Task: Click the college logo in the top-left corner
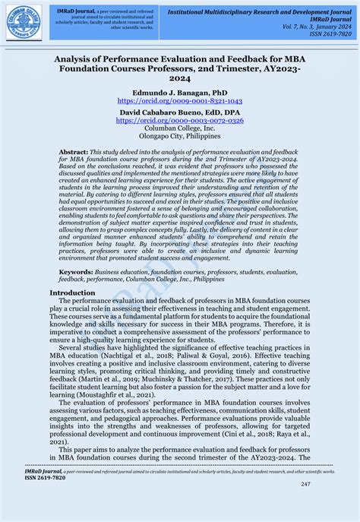point(24,22)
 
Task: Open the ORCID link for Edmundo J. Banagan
point(180,100)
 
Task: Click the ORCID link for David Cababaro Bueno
point(180,120)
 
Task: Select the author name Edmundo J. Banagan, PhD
point(180,90)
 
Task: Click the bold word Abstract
point(74,153)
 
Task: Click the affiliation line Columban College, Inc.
point(180,128)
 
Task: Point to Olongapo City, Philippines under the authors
point(180,138)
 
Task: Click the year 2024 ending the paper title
point(180,78)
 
